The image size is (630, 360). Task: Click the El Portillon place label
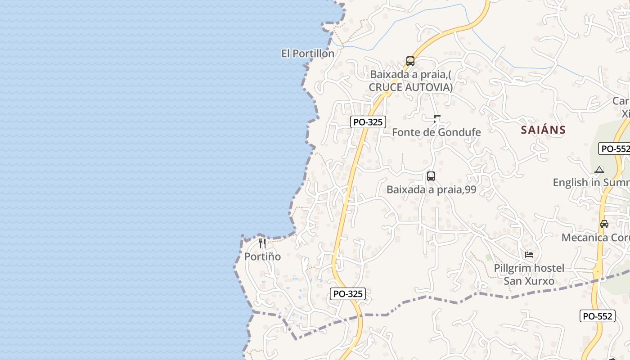coord(308,54)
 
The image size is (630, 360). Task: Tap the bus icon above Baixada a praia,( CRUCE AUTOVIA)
coord(410,61)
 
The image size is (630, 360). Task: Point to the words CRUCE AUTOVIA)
coord(411,87)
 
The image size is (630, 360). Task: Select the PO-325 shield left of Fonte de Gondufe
coord(368,121)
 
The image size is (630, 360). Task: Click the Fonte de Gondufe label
coord(436,132)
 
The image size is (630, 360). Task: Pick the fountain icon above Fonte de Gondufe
coord(436,119)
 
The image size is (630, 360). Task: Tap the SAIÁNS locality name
coord(543,130)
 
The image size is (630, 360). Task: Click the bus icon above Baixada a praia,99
coord(431,176)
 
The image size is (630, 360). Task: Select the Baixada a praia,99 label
coord(431,189)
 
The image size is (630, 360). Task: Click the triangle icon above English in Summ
coord(599,170)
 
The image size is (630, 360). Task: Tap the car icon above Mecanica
coord(604,224)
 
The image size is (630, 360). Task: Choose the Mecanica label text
coord(585,238)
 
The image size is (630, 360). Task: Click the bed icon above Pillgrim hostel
coord(529,255)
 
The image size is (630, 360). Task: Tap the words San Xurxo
coord(529,281)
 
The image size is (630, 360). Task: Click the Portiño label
coord(262,256)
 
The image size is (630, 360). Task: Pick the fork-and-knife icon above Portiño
coord(263,243)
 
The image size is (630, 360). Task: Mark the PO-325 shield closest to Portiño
coord(348,294)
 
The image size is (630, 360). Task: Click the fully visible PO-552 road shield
coord(598,316)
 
